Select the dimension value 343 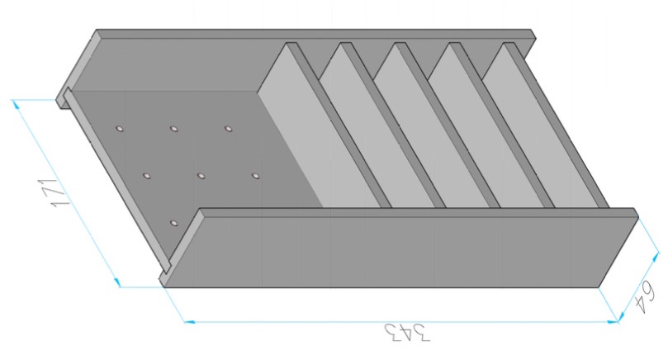pos(407,333)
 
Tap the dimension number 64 pos(644,299)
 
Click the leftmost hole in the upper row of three pos(120,128)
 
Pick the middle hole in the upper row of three pos(174,128)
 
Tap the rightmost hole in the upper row pos(229,128)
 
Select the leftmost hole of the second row pos(146,176)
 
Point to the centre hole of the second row pos(201,176)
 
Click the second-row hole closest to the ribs pos(255,176)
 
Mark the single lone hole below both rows pos(173,223)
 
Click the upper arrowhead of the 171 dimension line pos(16,103)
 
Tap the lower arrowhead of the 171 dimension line pos(116,282)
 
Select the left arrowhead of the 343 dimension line pos(190,322)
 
